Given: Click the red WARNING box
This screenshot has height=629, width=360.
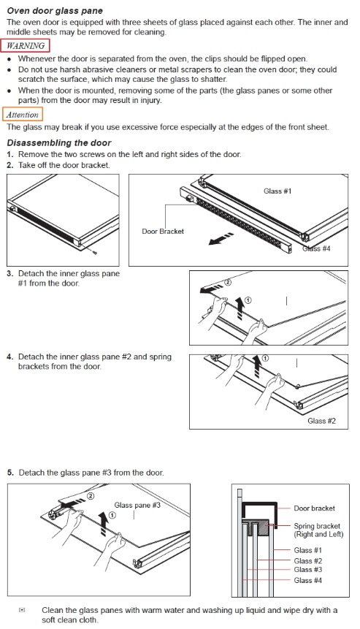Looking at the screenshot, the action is click(x=26, y=45).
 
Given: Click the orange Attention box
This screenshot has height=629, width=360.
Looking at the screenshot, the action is click(x=23, y=114).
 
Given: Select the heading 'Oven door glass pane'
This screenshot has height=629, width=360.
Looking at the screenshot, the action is click(x=55, y=11).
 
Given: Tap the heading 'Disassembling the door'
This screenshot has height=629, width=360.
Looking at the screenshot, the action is click(x=59, y=142).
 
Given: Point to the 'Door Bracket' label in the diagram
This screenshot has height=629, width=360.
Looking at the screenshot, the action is click(x=163, y=231).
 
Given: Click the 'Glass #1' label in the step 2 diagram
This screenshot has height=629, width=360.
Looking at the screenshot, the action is click(x=277, y=191).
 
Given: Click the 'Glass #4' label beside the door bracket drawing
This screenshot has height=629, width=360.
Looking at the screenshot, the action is click(x=316, y=248).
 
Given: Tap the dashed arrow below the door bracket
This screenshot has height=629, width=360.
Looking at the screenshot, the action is click(x=221, y=238).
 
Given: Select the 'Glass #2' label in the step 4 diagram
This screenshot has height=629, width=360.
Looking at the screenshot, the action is click(x=321, y=421).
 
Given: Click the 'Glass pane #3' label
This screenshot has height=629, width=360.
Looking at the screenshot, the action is click(x=137, y=505).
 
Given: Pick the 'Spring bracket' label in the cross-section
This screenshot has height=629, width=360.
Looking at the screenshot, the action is click(x=317, y=526).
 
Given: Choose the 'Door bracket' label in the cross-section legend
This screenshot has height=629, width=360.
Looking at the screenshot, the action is click(x=314, y=508).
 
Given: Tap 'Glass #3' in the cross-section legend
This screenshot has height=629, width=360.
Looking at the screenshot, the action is click(x=308, y=570).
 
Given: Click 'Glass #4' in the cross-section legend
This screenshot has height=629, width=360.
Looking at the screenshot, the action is click(x=308, y=580).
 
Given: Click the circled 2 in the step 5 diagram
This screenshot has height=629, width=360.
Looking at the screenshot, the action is click(x=91, y=496).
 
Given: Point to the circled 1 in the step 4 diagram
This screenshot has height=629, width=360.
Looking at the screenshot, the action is click(x=265, y=358).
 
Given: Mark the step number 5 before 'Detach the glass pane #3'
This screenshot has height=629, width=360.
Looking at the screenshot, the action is click(x=10, y=473).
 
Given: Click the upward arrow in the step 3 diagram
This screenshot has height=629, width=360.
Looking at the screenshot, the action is click(x=239, y=308).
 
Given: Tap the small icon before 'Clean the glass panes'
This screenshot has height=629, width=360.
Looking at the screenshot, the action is click(x=22, y=610).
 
